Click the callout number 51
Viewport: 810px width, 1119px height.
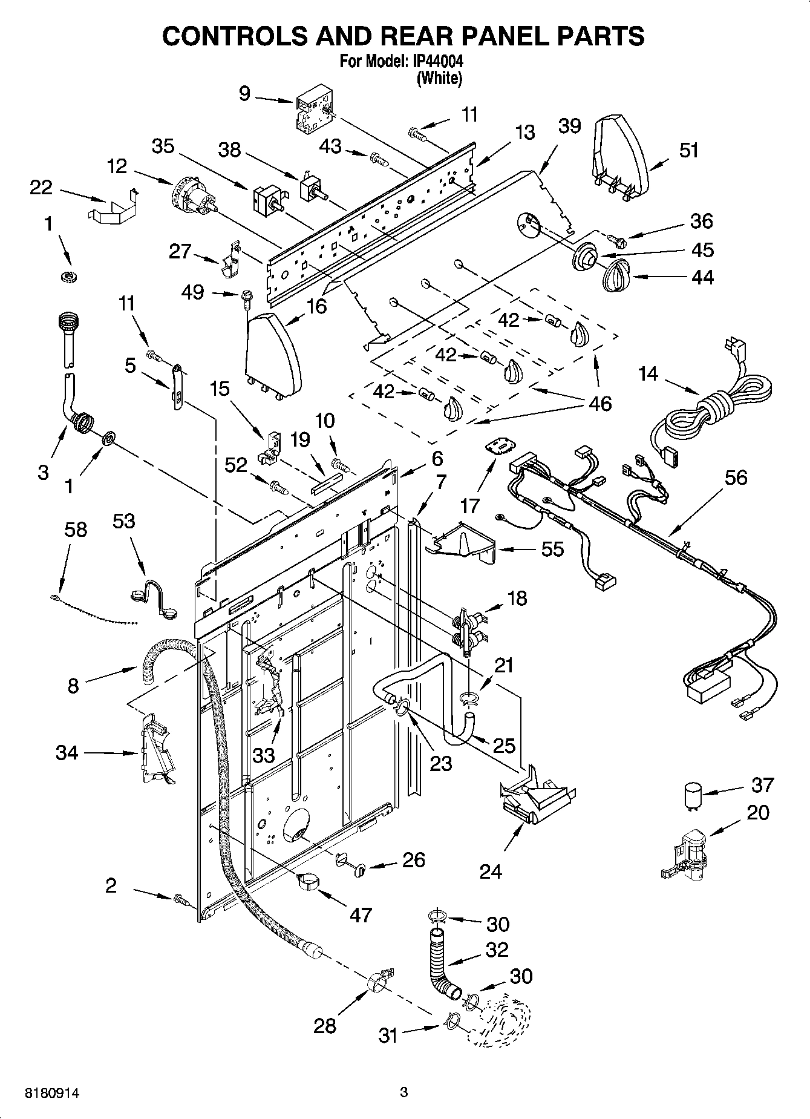click(x=688, y=150)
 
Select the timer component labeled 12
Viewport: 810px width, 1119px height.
click(x=193, y=197)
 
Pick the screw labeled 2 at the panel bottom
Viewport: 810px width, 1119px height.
click(x=180, y=900)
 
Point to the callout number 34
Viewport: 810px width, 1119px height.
click(x=67, y=753)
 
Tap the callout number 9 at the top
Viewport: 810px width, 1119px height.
click(x=244, y=94)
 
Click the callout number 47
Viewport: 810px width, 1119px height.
click(x=361, y=914)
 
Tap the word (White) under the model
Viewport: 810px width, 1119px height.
click(x=439, y=78)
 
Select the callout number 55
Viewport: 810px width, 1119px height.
click(x=551, y=549)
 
